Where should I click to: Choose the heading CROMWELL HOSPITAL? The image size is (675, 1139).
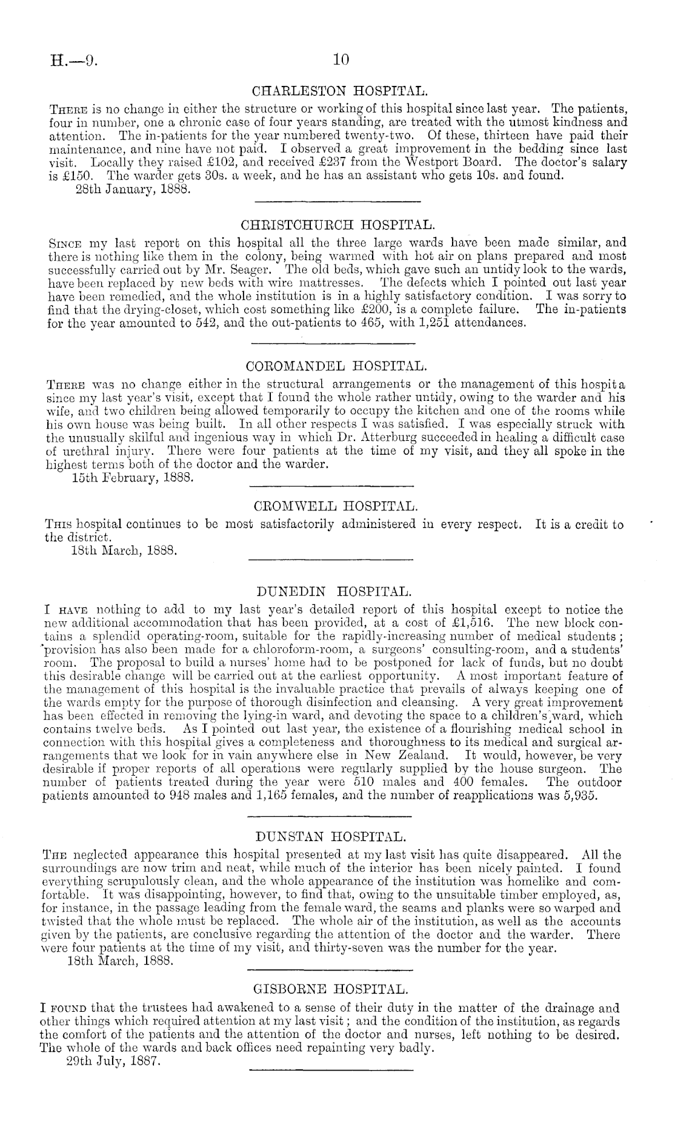[337, 504]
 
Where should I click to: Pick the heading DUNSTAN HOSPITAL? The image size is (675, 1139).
[337, 837]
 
